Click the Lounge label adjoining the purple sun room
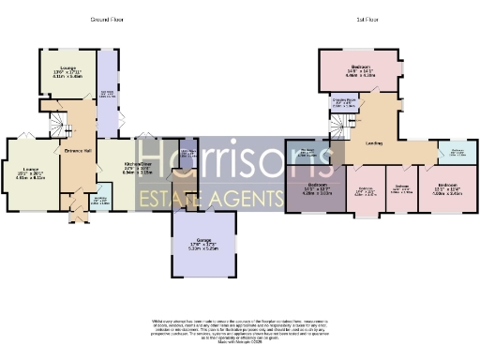(x=64, y=72)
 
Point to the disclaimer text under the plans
(x=238, y=331)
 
